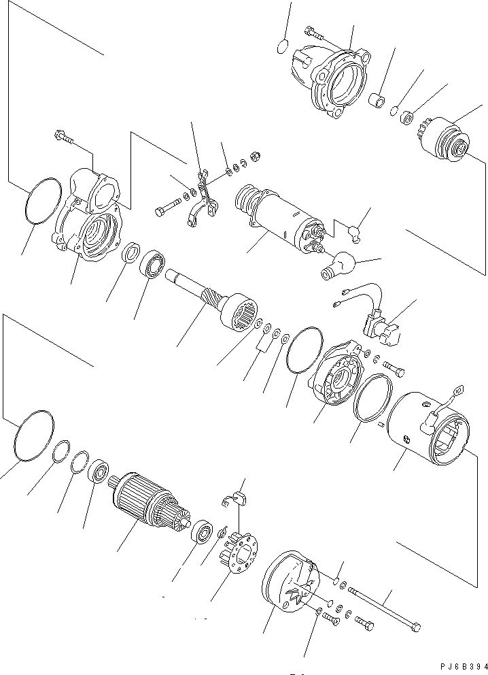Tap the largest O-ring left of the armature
33,435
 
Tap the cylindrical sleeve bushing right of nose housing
377,101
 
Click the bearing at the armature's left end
101,472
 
